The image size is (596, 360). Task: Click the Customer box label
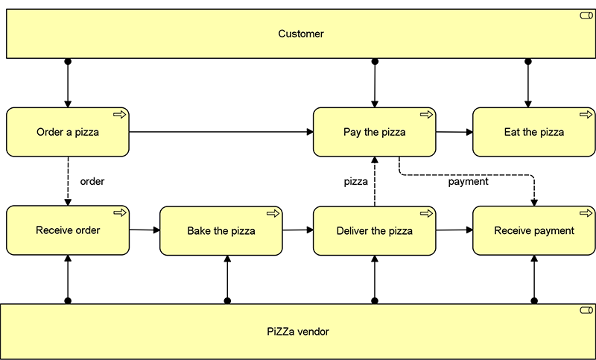pyautogui.click(x=301, y=34)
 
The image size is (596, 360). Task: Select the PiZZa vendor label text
pyautogui.click(x=297, y=332)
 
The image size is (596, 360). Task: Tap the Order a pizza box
pyautogui.click(x=68, y=133)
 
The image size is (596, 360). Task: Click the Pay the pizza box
pyautogui.click(x=374, y=133)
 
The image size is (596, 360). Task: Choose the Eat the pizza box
pyautogui.click(x=533, y=133)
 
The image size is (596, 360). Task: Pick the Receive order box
pyautogui.click(x=68, y=230)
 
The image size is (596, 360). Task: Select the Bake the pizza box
pyautogui.click(x=221, y=231)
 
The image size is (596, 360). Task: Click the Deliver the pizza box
pyautogui.click(x=374, y=231)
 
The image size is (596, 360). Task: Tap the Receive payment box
pyautogui.click(x=533, y=231)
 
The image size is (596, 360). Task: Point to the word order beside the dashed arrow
pyautogui.click(x=92, y=181)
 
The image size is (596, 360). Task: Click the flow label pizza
pyautogui.click(x=355, y=181)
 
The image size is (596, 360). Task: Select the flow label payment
pyautogui.click(x=468, y=181)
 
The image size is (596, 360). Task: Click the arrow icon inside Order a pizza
pyautogui.click(x=119, y=114)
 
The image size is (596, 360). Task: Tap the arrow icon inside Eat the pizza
pyautogui.click(x=586, y=114)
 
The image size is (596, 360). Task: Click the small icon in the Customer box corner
pyautogui.click(x=586, y=16)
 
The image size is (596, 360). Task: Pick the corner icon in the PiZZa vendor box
pyautogui.click(x=586, y=309)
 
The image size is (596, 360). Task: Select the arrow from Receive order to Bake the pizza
pyautogui.click(x=145, y=230)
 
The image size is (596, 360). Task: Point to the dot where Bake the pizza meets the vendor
pyautogui.click(x=227, y=301)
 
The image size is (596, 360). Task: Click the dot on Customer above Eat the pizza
pyautogui.click(x=527, y=61)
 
